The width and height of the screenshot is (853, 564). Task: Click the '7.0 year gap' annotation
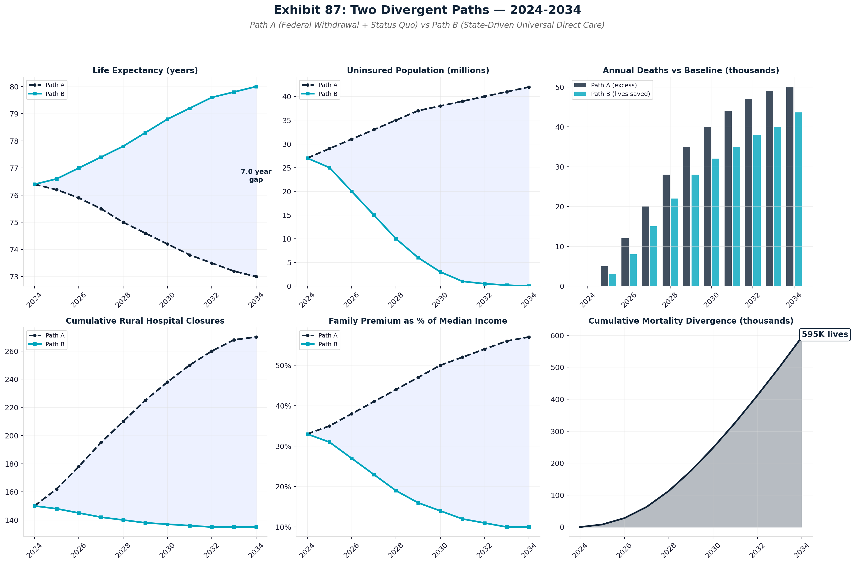(256, 176)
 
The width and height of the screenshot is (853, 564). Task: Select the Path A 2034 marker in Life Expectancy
(256, 276)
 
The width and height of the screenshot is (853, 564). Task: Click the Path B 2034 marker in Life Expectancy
(256, 87)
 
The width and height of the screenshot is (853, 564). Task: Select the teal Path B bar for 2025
(612, 280)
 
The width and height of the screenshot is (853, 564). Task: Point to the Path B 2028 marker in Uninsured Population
(396, 239)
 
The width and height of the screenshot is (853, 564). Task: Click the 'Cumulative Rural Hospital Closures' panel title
(145, 321)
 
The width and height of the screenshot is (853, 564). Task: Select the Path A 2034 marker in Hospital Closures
(256, 337)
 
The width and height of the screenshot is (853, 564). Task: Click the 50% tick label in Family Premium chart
(283, 365)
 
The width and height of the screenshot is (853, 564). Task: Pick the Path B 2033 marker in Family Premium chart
(507, 527)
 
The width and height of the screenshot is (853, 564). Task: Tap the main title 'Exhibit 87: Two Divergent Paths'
(427, 10)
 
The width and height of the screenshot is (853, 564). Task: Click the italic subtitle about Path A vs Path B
(427, 25)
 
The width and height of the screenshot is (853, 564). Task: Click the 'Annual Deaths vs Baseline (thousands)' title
(690, 71)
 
